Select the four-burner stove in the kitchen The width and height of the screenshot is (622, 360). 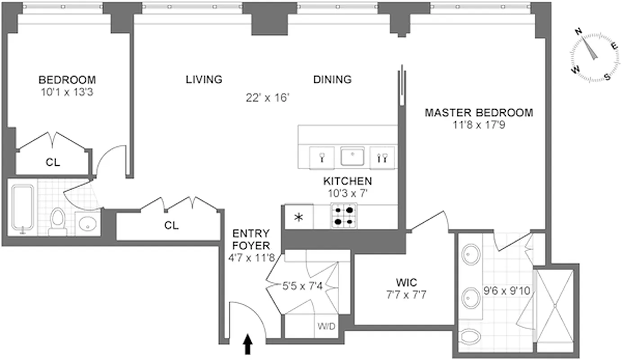(344, 216)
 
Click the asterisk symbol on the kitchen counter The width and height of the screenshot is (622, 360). (298, 218)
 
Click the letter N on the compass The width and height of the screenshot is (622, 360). (579, 31)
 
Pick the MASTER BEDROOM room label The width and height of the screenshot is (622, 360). (479, 112)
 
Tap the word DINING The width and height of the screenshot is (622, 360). (332, 80)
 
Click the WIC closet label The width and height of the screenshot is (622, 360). (406, 283)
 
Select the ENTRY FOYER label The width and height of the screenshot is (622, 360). (251, 240)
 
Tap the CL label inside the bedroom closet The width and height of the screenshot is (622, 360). (53, 162)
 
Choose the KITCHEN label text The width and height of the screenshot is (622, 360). (347, 181)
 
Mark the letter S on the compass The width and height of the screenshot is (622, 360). (607, 76)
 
